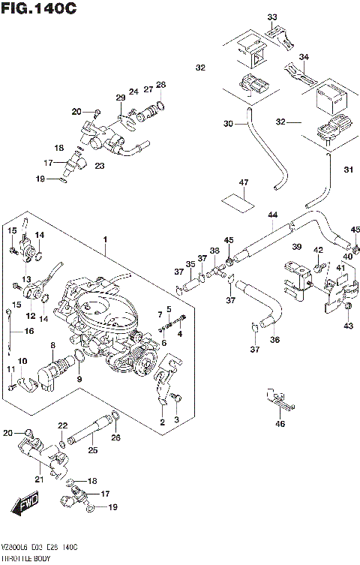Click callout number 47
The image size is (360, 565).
click(x=242, y=182)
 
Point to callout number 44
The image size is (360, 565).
click(x=273, y=215)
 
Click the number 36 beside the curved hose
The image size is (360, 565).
click(x=274, y=340)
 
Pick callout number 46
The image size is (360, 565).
click(x=280, y=425)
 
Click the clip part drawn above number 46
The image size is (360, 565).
click(x=279, y=400)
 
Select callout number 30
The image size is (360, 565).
click(x=228, y=124)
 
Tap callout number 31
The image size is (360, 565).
click(x=347, y=170)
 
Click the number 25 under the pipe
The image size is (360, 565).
click(x=93, y=450)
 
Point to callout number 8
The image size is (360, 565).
click(x=52, y=346)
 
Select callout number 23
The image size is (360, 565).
click(x=99, y=166)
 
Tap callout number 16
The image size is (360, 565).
click(x=30, y=331)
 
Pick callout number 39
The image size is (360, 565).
click(x=297, y=247)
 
